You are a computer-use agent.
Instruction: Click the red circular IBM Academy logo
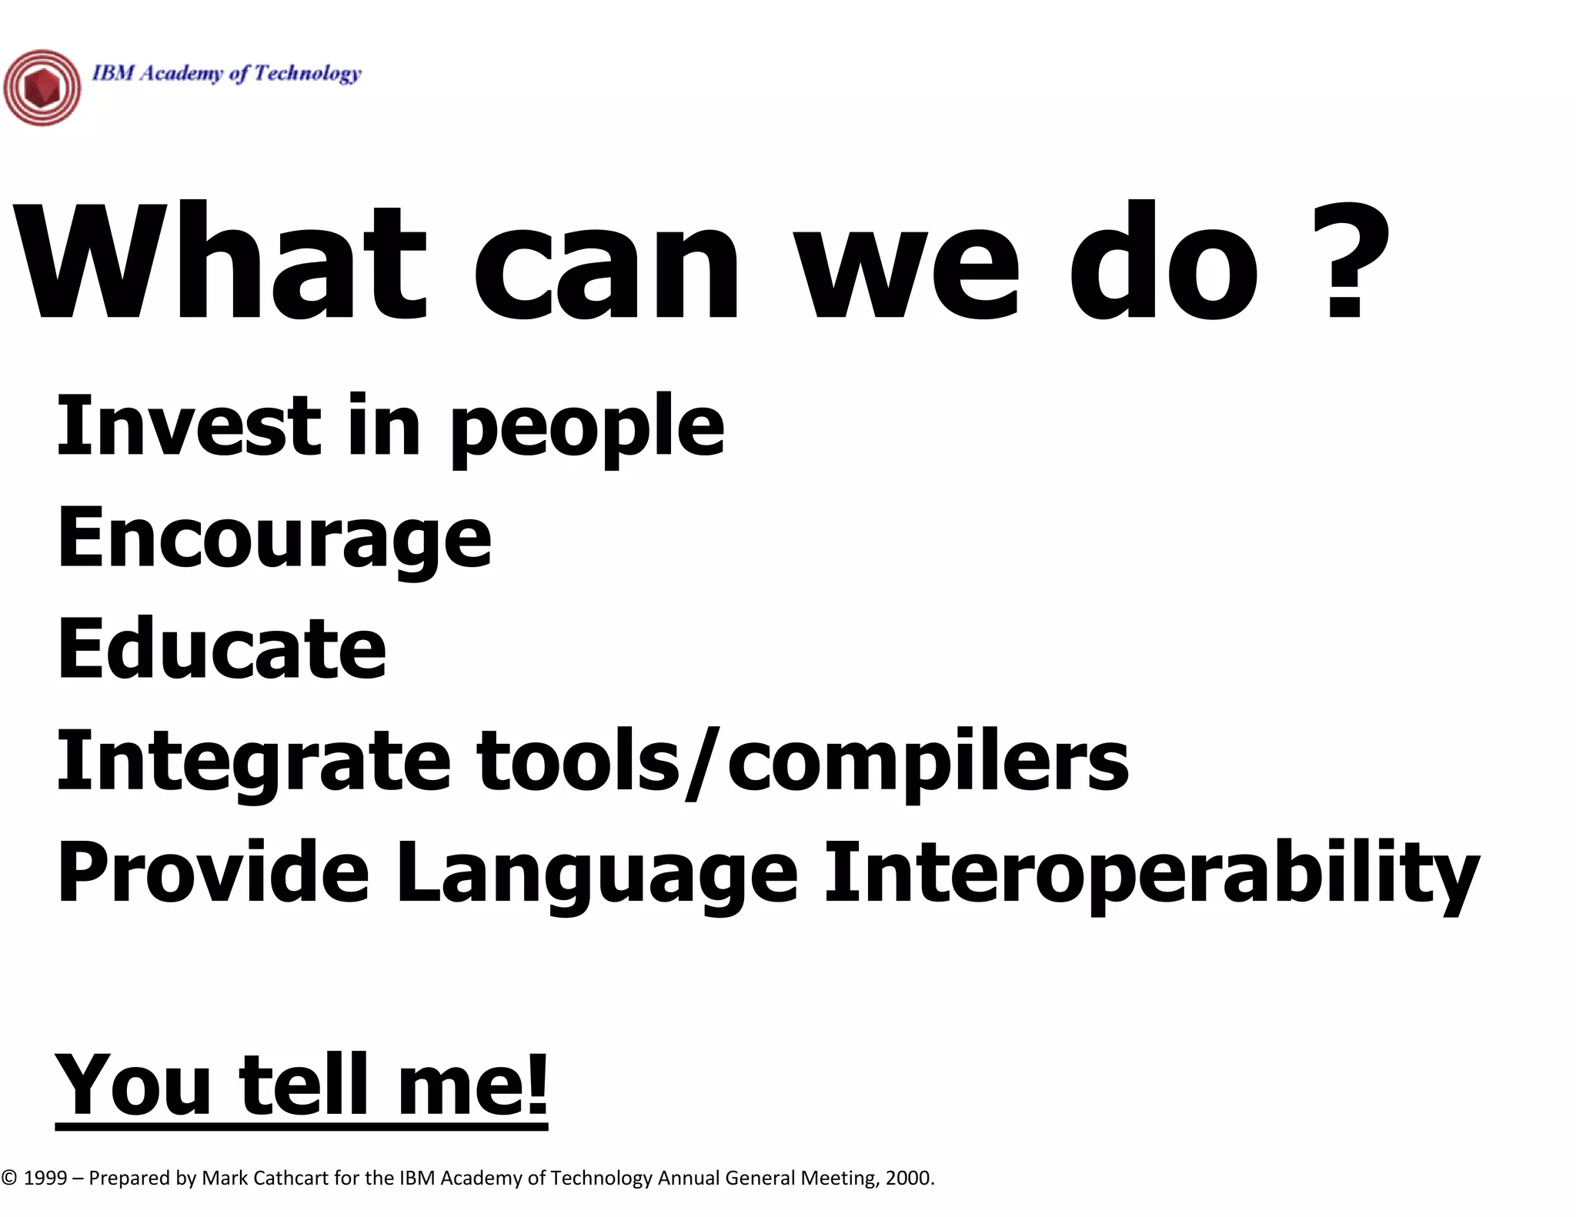tap(42, 88)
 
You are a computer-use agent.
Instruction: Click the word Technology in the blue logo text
tap(307, 73)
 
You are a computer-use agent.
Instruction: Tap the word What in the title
tap(219, 262)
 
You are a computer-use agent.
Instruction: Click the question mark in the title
tap(1351, 262)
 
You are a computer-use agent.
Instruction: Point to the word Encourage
tap(274, 538)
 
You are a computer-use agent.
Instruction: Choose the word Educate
tap(222, 649)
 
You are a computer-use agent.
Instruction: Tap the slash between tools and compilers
tap(702, 762)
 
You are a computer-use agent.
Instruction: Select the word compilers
tap(927, 762)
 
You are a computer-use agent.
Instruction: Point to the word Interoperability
tap(1150, 872)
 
